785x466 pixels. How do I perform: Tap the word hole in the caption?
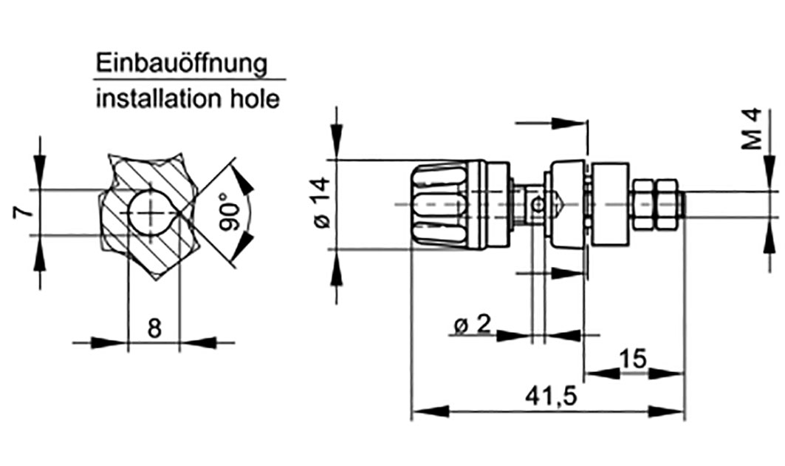(x=253, y=98)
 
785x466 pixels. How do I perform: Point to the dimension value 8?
(x=154, y=328)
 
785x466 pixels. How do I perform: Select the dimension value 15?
(x=633, y=359)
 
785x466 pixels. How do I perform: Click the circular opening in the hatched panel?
(x=152, y=212)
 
